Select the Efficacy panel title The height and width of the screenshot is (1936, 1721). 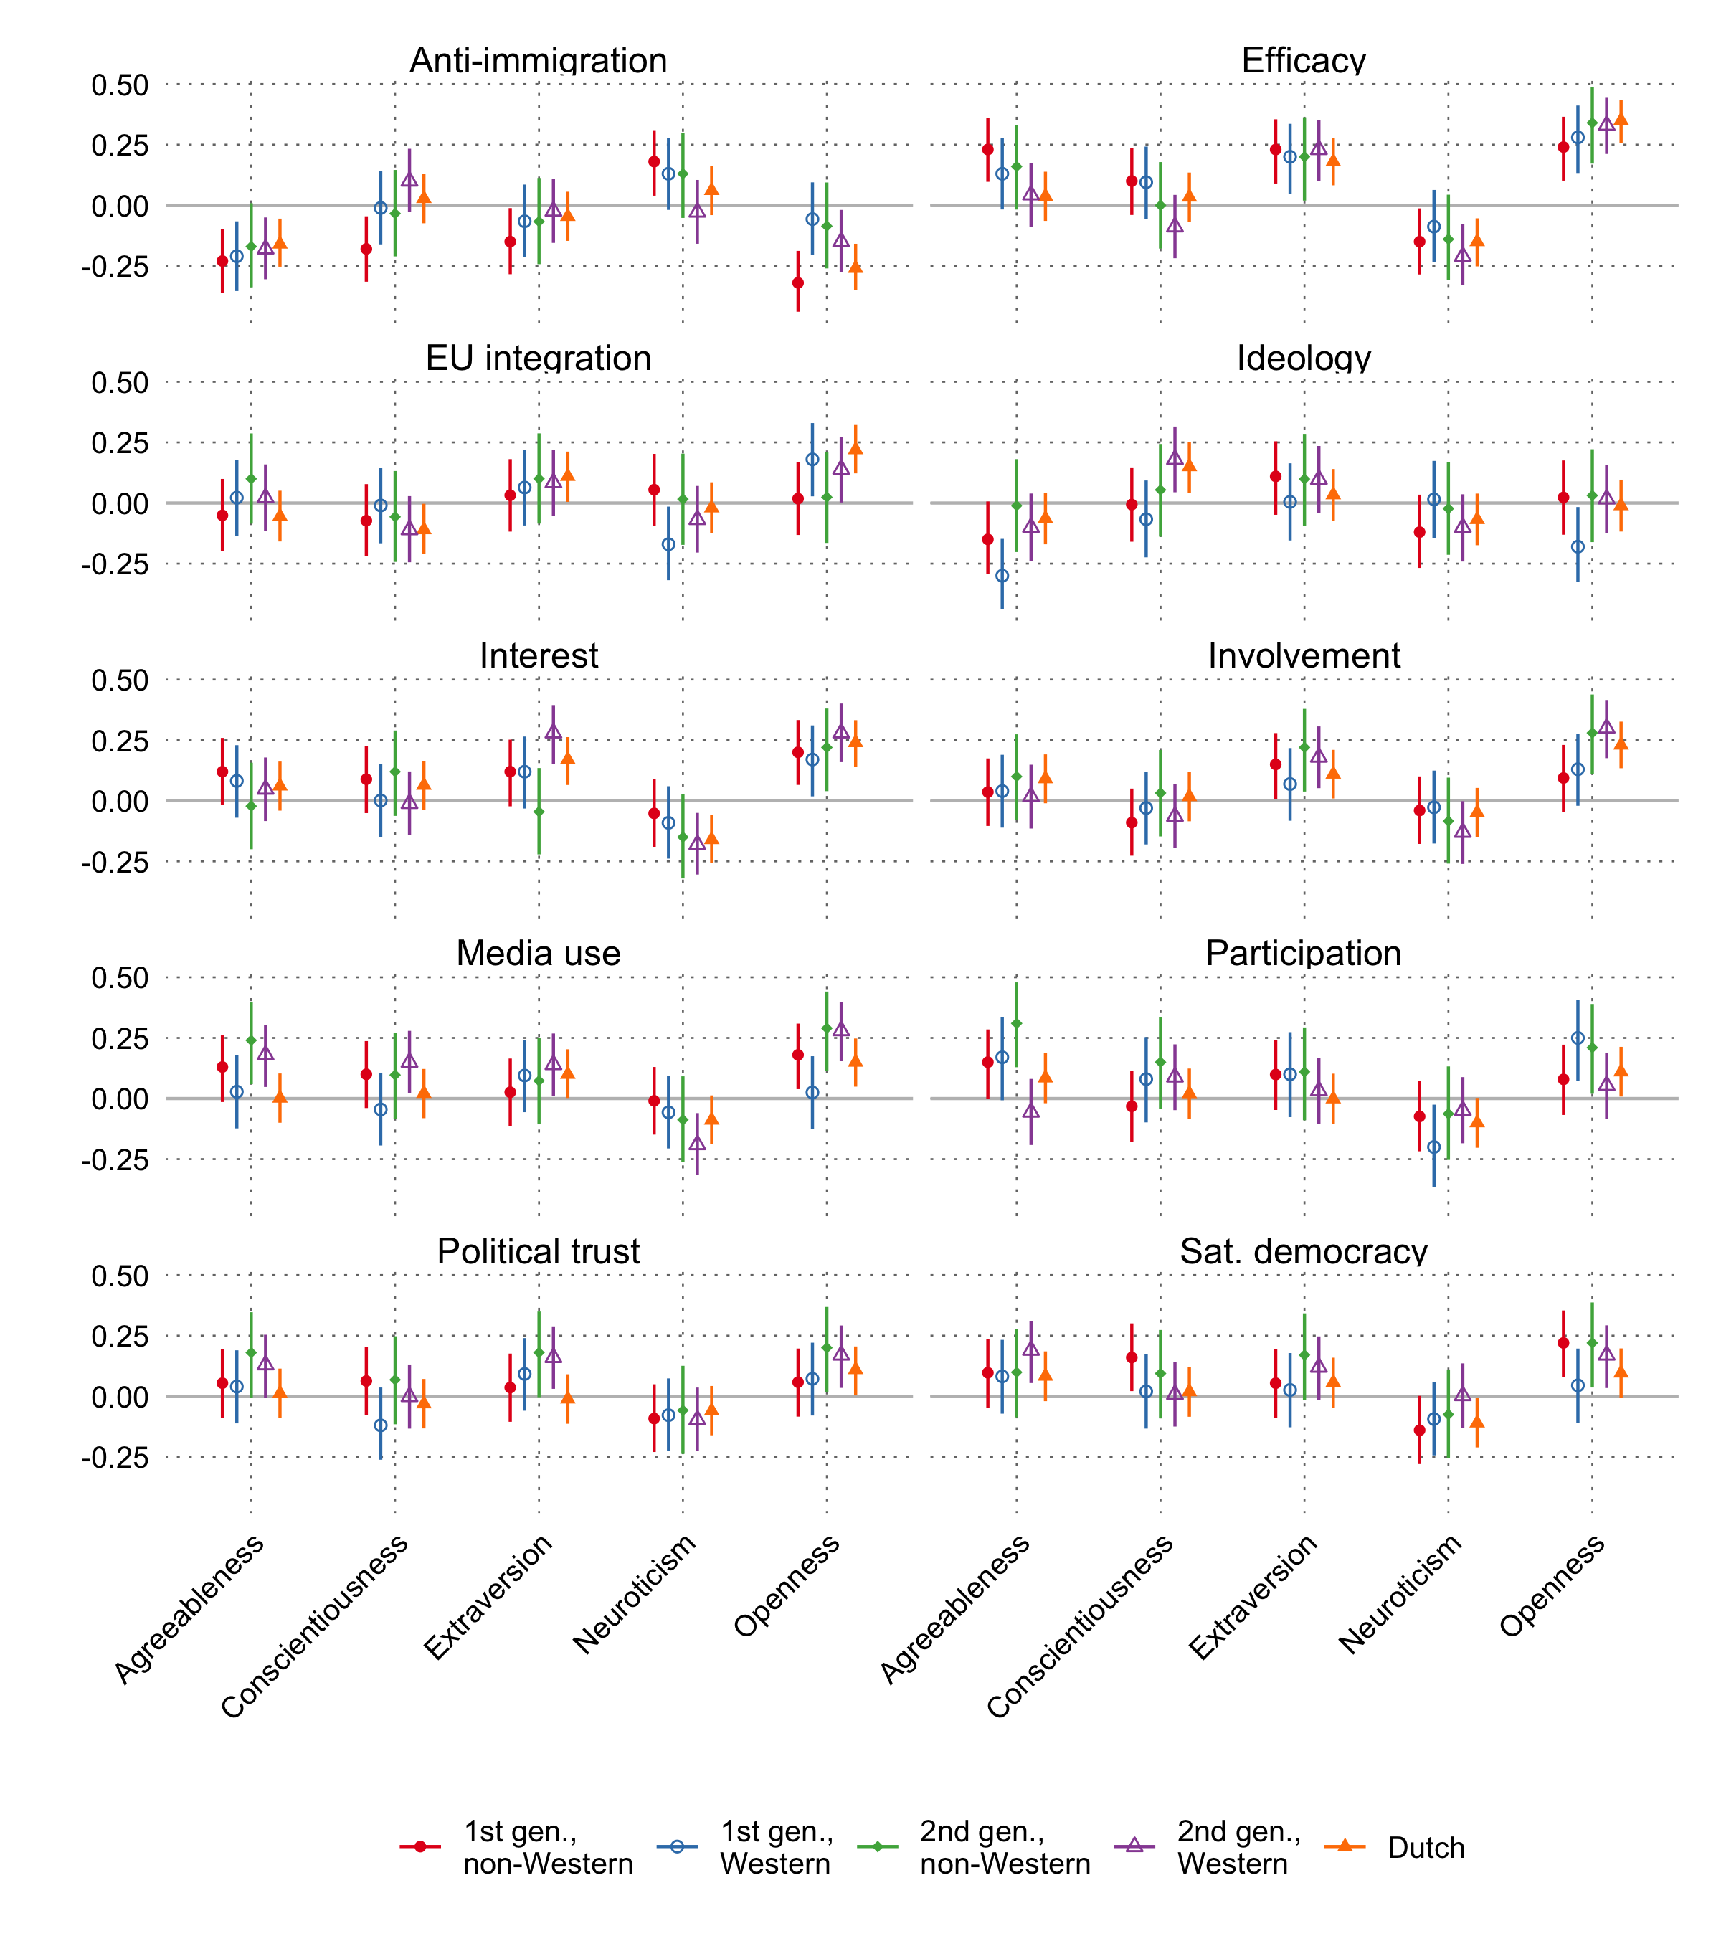(1304, 61)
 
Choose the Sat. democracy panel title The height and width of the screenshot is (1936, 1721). (1304, 1251)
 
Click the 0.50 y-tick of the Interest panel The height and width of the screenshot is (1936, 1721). (120, 680)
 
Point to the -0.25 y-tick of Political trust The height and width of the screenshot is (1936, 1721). (115, 1458)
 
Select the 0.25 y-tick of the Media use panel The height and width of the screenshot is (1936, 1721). (120, 1038)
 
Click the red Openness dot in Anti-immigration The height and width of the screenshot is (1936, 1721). (797, 283)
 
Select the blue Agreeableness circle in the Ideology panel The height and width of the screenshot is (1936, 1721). (1002, 575)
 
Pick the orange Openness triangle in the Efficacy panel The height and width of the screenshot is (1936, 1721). (1621, 119)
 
